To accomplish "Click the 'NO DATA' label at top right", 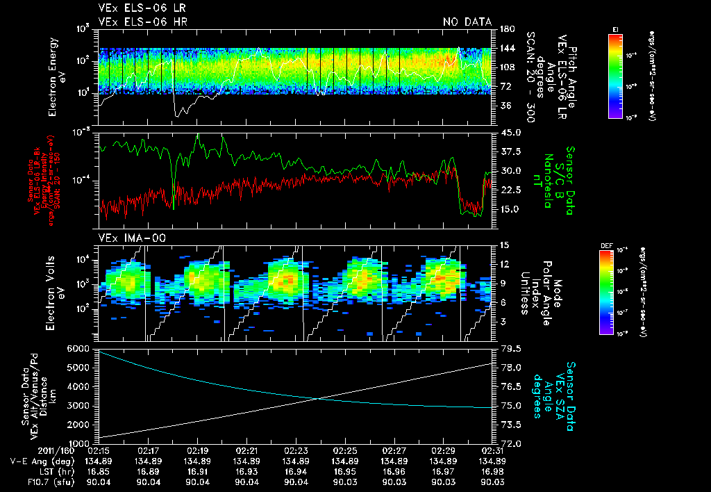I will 467,22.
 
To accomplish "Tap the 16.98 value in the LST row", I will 492,471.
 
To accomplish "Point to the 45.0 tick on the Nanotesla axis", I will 510,133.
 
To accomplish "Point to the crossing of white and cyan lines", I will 317,398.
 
